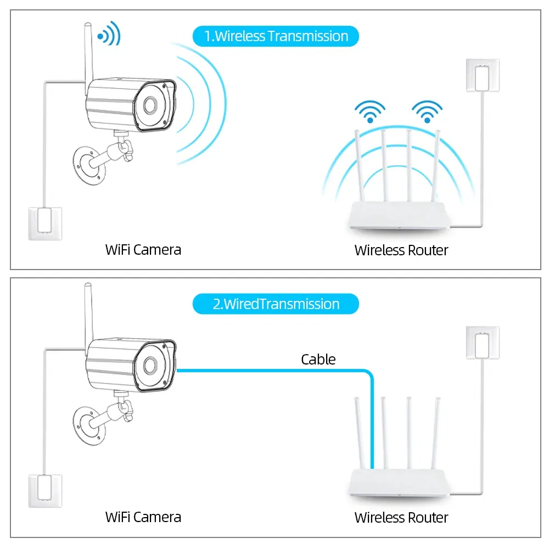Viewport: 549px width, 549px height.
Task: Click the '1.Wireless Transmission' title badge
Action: coord(276,36)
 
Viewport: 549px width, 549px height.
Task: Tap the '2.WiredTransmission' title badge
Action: coord(276,304)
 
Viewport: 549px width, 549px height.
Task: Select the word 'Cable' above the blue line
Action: coord(318,360)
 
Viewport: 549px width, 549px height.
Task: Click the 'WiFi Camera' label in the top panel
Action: coord(143,250)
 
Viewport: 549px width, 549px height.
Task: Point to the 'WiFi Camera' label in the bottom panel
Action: coord(143,517)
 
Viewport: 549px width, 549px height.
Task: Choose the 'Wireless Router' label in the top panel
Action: coord(401,250)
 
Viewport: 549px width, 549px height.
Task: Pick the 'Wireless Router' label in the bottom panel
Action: coord(401,517)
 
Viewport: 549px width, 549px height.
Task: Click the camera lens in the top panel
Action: coord(149,105)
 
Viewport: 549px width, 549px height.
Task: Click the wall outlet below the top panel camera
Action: coord(45,222)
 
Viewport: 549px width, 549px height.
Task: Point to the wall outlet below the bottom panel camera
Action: coord(45,490)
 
